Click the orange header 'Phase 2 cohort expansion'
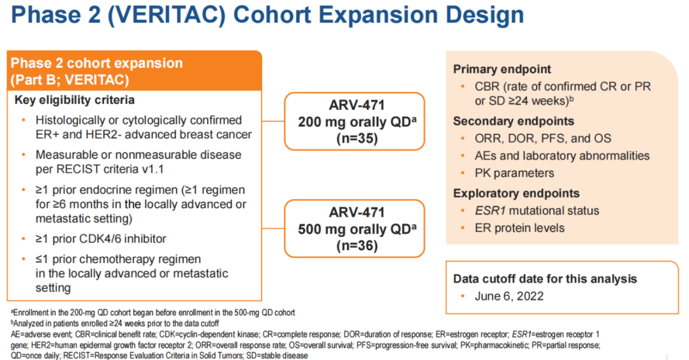click(97, 64)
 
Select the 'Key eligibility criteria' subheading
click(75, 100)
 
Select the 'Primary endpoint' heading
click(502, 69)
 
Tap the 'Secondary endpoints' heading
click(514, 121)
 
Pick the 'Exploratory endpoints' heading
click(516, 193)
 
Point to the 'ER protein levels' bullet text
click(519, 228)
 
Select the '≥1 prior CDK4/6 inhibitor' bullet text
click(101, 239)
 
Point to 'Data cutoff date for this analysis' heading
click(545, 279)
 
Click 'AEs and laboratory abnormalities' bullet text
click(562, 156)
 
